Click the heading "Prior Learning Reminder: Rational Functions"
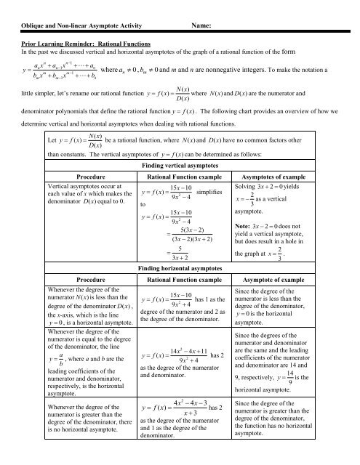click(87, 44)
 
